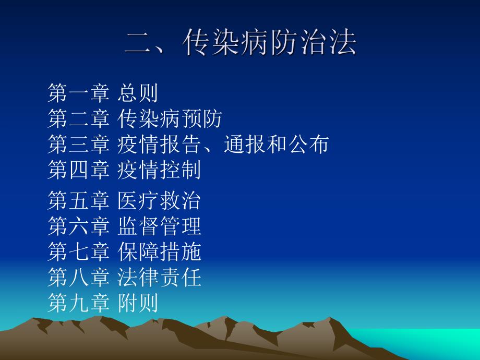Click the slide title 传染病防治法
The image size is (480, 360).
[x=270, y=43]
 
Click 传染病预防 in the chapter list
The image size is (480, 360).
[x=170, y=119]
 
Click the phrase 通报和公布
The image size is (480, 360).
[x=276, y=144]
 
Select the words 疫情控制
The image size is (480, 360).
[x=159, y=170]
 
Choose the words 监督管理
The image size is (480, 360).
[x=159, y=226]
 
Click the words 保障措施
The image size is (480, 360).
[x=159, y=252]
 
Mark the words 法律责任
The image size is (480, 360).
[x=159, y=278]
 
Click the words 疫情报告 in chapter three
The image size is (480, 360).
[x=159, y=144]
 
